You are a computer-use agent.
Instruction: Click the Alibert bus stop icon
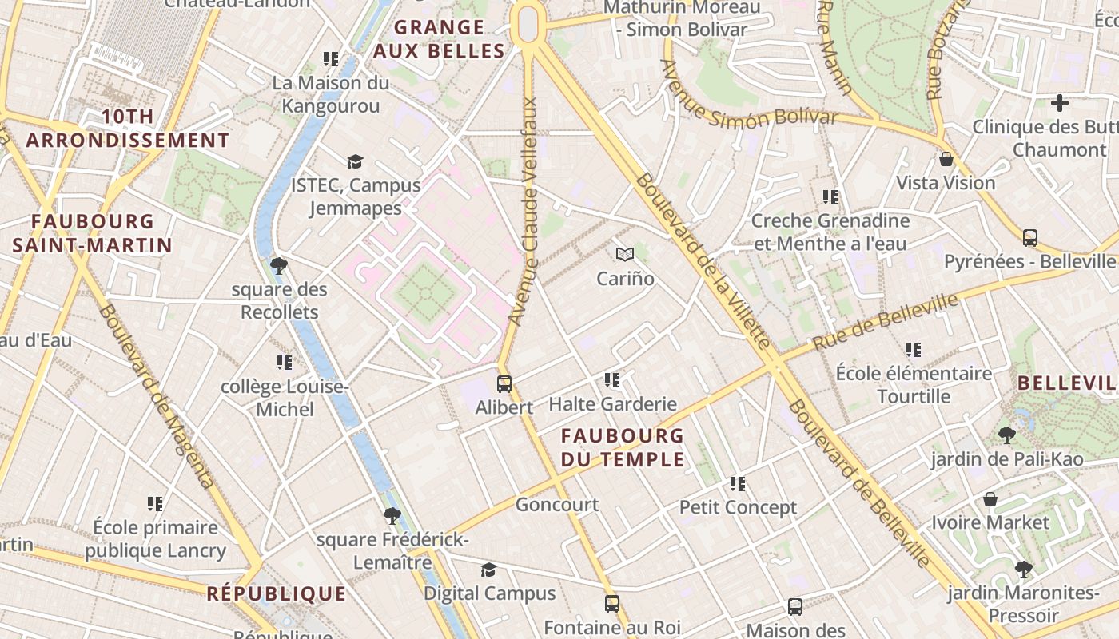[504, 383]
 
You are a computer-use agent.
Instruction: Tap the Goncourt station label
[556, 505]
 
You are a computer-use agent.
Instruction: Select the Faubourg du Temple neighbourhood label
[623, 447]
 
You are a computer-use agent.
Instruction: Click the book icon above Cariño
[625, 255]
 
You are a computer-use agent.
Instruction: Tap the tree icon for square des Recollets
[279, 265]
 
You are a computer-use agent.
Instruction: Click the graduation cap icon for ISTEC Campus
[355, 161]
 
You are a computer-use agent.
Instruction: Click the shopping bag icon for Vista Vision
[946, 159]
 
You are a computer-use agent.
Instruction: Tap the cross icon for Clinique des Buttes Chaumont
[1060, 103]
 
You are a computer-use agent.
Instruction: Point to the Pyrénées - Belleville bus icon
[1030, 237]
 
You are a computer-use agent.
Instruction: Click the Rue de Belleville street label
[885, 322]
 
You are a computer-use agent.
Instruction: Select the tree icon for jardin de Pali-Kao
[1007, 435]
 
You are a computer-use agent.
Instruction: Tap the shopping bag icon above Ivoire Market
[990, 499]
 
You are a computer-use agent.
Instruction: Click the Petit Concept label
[738, 507]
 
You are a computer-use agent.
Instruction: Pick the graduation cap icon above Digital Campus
[488, 570]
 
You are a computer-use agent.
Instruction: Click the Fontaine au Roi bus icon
[612, 604]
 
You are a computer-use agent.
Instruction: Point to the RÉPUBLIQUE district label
[277, 594]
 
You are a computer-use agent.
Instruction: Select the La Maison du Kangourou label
[331, 94]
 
